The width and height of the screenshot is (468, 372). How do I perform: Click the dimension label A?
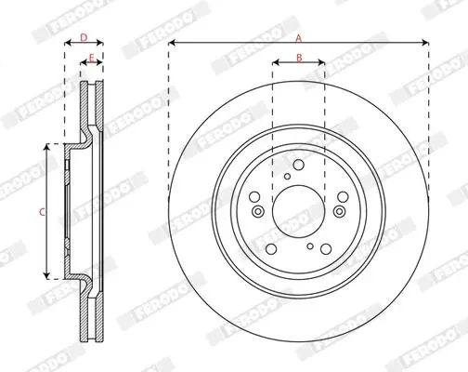298,38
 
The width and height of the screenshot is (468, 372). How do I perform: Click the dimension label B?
299,58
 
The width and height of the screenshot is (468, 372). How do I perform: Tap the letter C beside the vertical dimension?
42,212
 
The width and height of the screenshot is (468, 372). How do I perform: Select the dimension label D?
84,38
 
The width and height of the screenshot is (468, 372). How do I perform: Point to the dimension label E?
91,58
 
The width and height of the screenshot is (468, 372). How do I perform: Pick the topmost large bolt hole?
298,165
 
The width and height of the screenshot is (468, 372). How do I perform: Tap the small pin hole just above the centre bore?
288,177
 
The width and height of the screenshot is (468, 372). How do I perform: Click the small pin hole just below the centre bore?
310,246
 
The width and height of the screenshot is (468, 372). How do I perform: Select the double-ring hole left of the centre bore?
258,211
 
